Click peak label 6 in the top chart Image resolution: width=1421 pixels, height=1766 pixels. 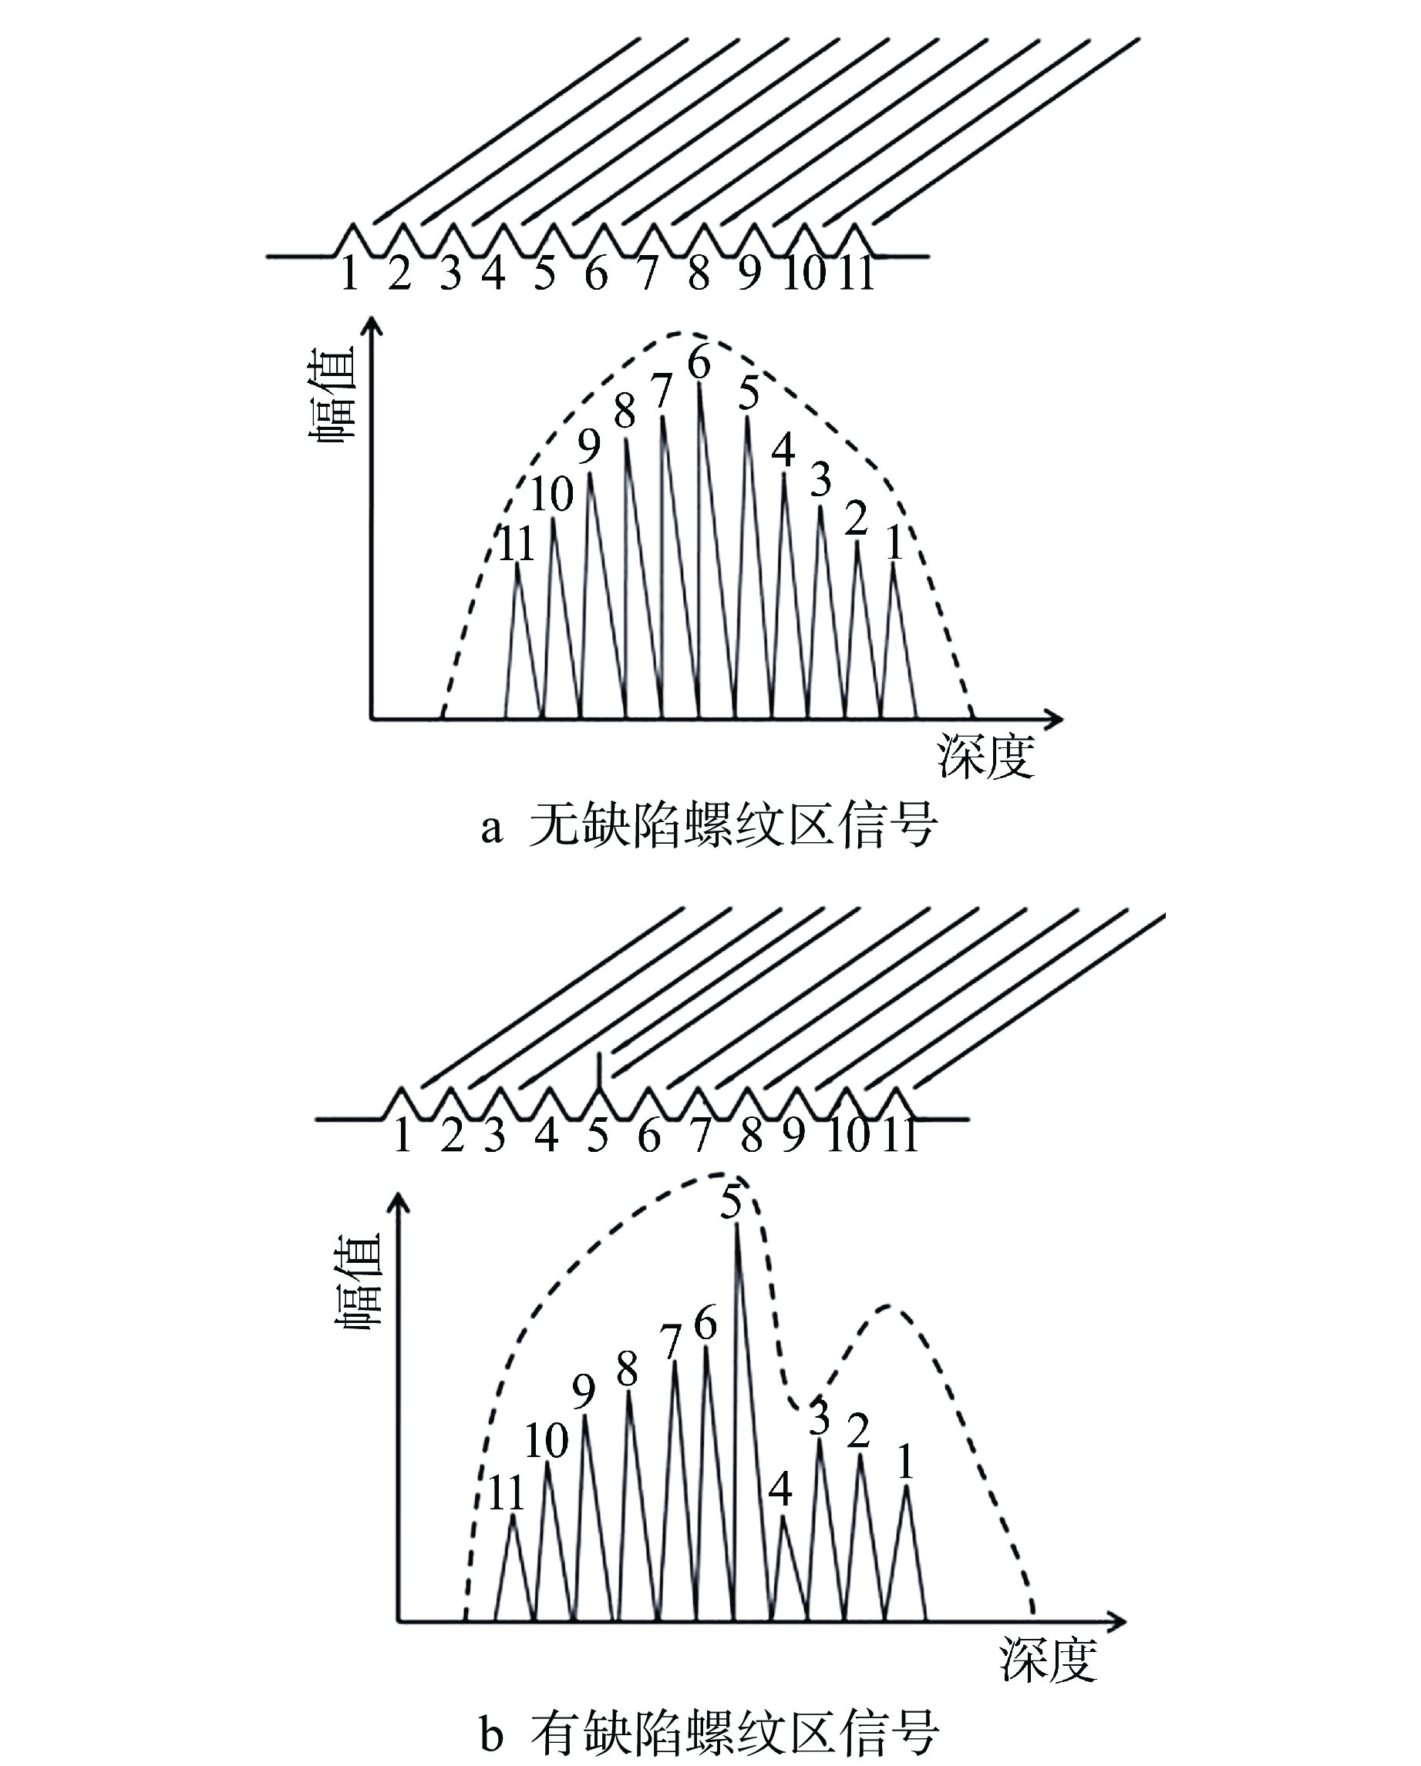pos(699,363)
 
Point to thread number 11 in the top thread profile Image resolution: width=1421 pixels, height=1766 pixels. pos(857,273)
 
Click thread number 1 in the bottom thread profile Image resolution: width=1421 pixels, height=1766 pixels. pos(402,1135)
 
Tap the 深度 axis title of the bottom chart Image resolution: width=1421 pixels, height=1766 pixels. pos(1048,1660)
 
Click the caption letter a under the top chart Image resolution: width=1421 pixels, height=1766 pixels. pos(490,829)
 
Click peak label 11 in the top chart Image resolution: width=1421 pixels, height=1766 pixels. pos(517,544)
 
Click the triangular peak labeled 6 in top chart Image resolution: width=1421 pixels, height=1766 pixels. pos(700,550)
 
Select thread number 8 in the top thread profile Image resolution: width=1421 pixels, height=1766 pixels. pos(699,273)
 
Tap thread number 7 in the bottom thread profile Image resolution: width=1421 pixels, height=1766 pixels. pos(701,1135)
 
